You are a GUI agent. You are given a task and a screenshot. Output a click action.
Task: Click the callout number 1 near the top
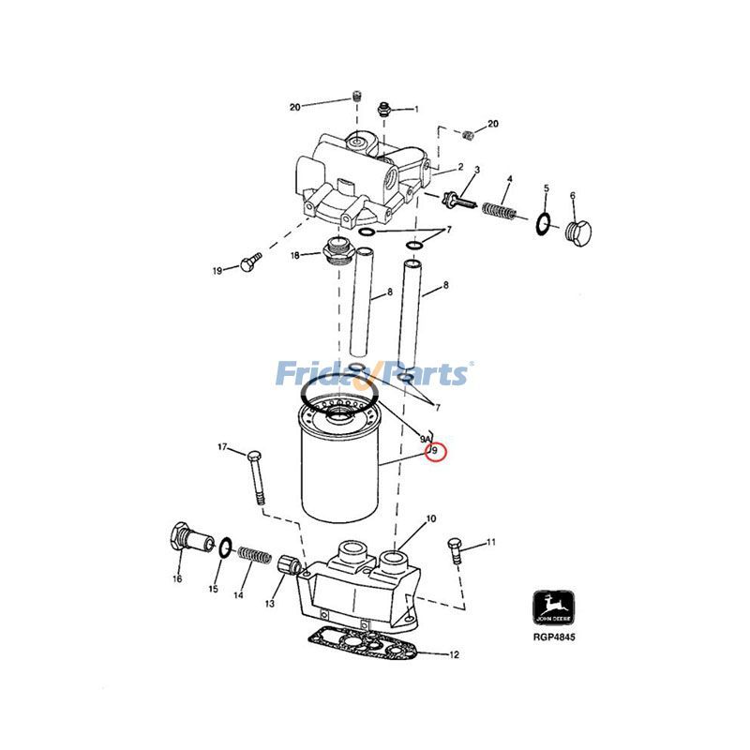(416, 110)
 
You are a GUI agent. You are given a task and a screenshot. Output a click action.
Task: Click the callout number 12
(455, 655)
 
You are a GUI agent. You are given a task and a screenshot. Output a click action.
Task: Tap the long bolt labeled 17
(258, 478)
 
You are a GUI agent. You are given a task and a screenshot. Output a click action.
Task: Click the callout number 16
(176, 578)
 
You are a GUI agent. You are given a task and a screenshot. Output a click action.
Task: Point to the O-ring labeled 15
(225, 547)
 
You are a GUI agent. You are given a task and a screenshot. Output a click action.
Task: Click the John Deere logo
(549, 607)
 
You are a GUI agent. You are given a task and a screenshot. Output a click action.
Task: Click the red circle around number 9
(436, 453)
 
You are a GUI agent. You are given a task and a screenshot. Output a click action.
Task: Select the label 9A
(425, 439)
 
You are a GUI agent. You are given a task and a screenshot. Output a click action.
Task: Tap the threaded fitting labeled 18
(334, 251)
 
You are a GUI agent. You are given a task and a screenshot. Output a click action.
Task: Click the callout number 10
(431, 518)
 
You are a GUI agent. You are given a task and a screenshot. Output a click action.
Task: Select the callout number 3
(476, 170)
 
